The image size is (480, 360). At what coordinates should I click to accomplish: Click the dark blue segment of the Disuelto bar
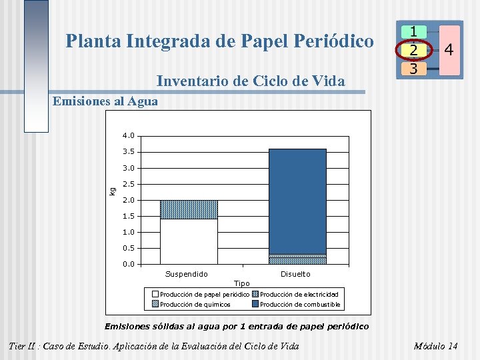point(297,201)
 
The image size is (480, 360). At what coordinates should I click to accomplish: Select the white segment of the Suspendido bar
point(189,241)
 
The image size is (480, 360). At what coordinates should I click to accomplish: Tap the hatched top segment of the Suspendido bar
point(189,209)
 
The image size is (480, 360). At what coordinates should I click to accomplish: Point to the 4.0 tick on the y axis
point(128,136)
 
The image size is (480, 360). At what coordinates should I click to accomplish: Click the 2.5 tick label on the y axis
point(128,184)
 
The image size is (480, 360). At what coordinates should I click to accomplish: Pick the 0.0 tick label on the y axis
point(128,264)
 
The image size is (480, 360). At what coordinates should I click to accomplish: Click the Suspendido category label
point(186,274)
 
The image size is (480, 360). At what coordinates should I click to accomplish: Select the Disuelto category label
point(295,274)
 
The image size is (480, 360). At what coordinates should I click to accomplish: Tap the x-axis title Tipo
point(241,283)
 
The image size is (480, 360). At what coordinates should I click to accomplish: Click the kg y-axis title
point(113,191)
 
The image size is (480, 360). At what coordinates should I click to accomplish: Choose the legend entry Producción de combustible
point(299,305)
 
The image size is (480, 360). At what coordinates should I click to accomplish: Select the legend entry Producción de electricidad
point(299,294)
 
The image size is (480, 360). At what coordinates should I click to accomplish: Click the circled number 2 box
point(414,50)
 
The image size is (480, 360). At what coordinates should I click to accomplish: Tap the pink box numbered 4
point(449,50)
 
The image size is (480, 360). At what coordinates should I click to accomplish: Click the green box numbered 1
point(414,31)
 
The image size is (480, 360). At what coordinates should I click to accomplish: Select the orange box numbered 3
point(414,69)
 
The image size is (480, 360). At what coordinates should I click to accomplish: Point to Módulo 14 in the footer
point(435,346)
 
